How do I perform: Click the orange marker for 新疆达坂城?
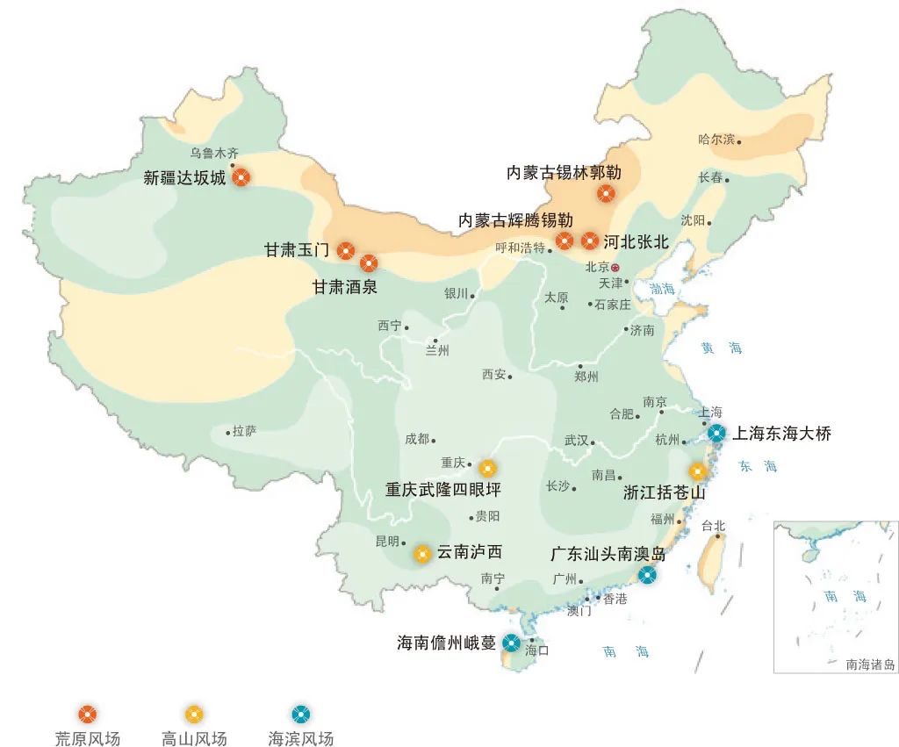241,177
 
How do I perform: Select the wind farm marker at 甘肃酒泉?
368,262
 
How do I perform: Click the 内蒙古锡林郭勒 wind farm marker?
606,193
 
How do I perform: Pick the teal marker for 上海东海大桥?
716,432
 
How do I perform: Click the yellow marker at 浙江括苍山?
698,471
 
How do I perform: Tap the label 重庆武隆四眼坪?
442,490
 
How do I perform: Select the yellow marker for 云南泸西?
422,553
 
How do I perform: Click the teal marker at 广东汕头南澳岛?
647,575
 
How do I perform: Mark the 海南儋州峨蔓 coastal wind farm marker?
510,643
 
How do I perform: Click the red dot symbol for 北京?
615,267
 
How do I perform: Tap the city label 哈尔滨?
716,140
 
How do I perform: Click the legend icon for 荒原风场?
87,713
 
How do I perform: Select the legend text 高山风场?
194,738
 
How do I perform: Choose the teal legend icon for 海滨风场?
301,713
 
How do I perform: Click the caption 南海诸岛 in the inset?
870,664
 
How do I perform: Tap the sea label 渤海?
663,289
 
